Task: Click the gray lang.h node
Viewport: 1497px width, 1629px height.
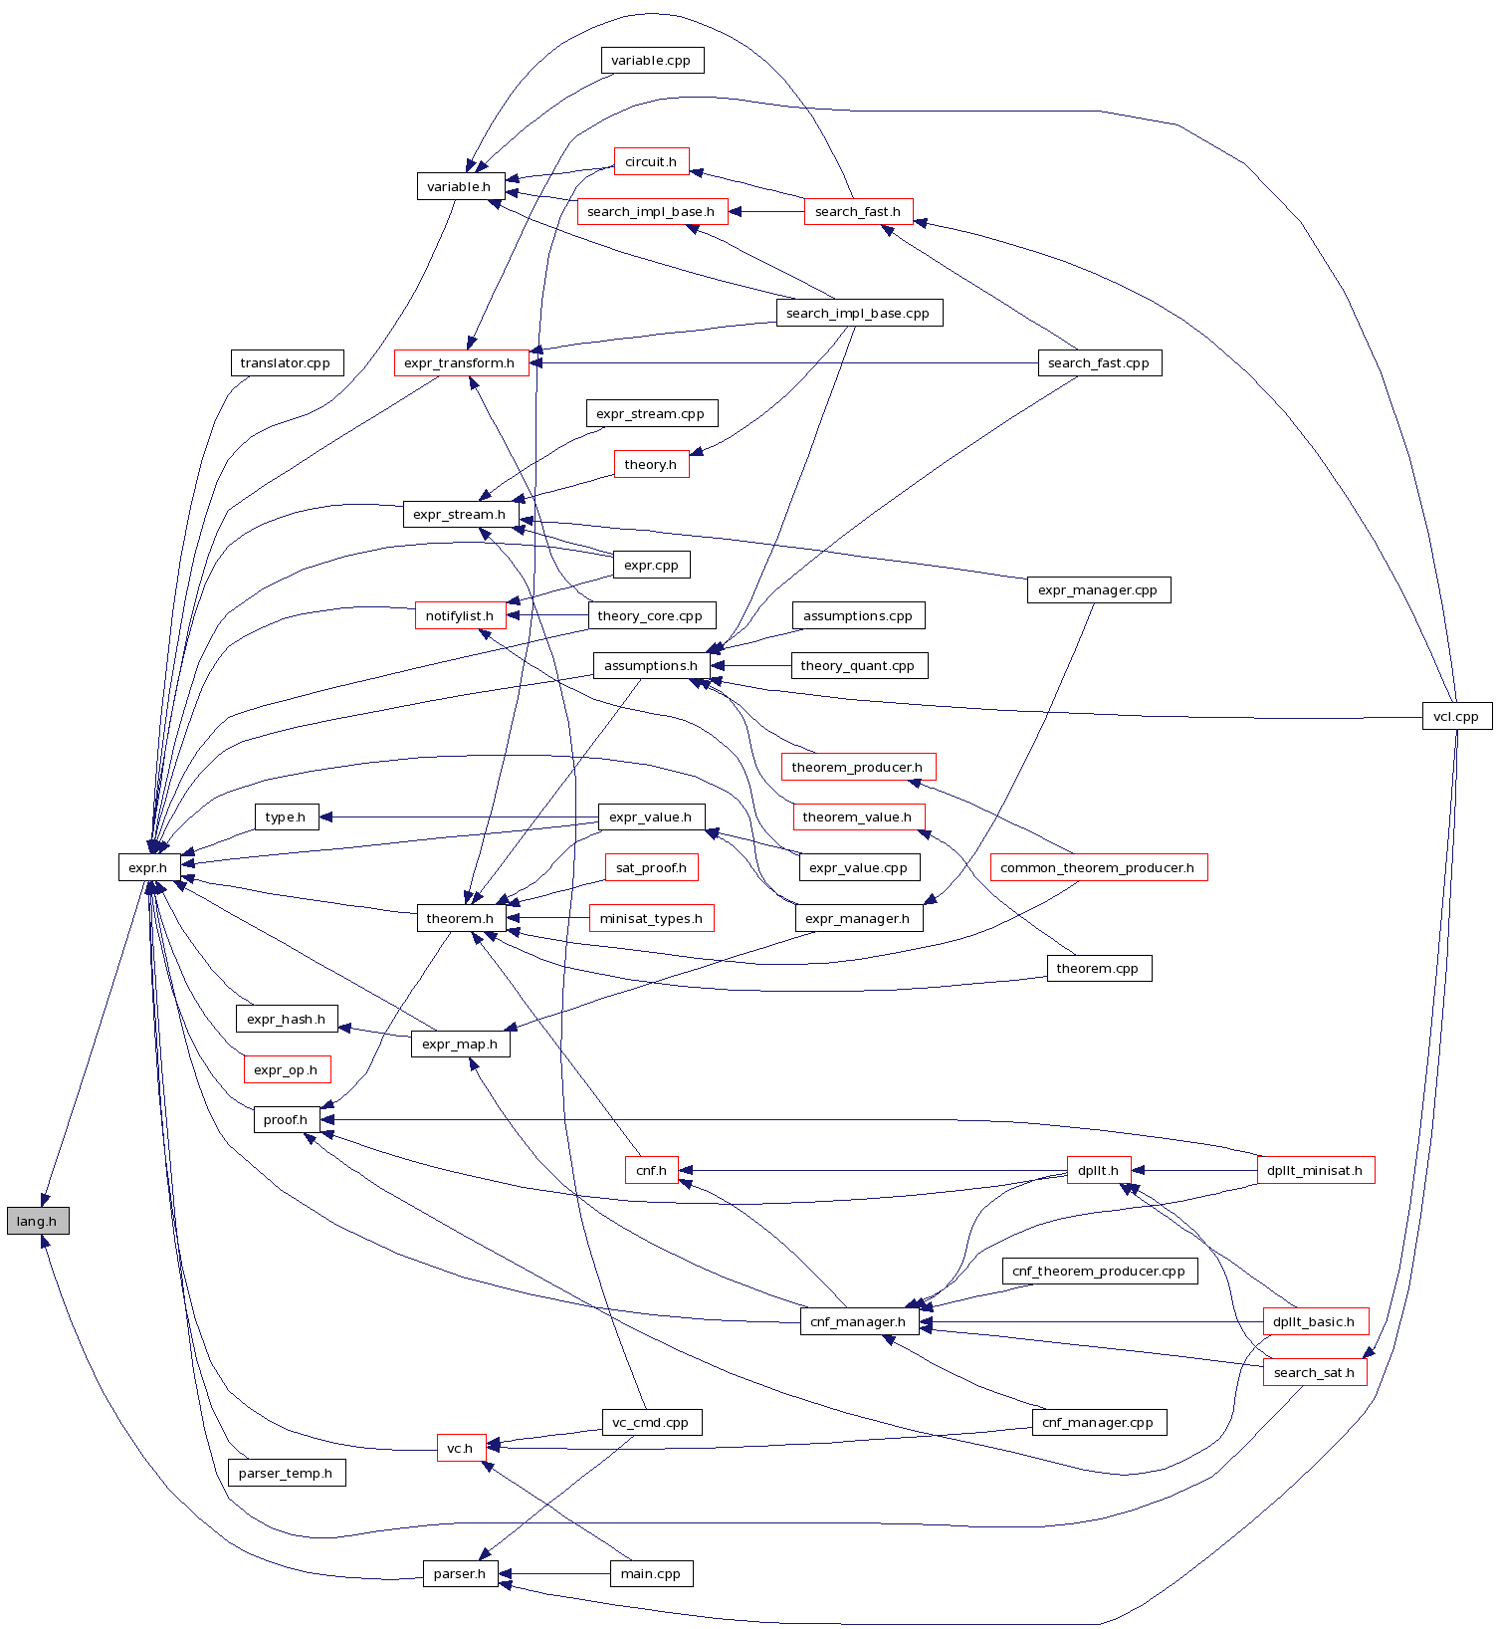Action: [38, 1221]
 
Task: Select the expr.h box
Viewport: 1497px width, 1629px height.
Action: [148, 867]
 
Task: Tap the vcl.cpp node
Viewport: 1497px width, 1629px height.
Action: [1456, 716]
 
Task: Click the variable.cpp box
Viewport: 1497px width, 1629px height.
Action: [651, 61]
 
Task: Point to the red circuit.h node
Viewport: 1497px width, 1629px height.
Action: [651, 161]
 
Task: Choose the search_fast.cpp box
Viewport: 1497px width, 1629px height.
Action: [1098, 363]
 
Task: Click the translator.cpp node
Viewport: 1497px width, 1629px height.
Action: [286, 363]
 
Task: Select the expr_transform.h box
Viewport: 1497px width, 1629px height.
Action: [460, 363]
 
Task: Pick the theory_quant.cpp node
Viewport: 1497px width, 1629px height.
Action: [858, 666]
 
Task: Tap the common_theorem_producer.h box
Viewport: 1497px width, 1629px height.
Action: [1097, 867]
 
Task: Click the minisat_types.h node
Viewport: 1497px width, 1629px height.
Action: [651, 918]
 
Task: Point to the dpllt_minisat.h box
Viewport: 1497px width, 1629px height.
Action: [1315, 1170]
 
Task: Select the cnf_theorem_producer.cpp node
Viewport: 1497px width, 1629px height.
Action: [1098, 1272]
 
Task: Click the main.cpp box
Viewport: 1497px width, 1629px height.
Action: [651, 1574]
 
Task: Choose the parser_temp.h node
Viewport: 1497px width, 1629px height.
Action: [286, 1473]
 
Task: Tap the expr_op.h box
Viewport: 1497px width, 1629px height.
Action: [286, 1069]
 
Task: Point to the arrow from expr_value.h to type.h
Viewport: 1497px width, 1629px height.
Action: [458, 817]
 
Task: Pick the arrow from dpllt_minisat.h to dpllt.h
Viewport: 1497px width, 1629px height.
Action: [1194, 1170]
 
